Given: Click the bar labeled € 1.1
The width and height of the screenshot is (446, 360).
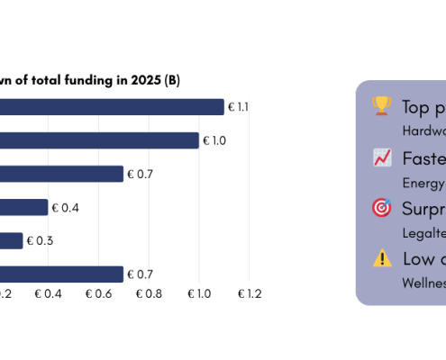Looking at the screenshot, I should point(112,107).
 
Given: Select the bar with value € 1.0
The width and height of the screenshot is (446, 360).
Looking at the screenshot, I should point(99,140).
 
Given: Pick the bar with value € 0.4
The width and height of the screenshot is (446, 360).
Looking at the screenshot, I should point(23,208).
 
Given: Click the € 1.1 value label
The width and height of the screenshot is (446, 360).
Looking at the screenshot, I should point(238,107).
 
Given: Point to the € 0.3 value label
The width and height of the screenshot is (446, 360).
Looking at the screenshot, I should point(39,241).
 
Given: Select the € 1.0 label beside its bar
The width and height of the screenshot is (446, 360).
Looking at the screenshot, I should point(214,140).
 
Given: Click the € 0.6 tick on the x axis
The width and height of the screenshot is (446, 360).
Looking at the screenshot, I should point(98,293).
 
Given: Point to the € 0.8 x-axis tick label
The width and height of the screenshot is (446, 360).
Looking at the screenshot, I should point(149,293).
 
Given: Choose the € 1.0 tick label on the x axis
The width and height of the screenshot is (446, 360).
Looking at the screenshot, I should point(199,293).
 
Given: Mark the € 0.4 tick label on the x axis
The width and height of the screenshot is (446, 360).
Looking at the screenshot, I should point(48,293).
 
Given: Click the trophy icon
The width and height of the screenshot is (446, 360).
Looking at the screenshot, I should point(381,106).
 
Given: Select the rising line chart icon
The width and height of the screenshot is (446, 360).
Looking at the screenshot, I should point(381,158).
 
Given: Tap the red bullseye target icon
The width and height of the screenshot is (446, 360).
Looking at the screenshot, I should point(381,208).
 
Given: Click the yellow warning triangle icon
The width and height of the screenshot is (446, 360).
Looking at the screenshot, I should point(381,258).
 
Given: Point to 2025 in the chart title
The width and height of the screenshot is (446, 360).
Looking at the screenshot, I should point(145,81).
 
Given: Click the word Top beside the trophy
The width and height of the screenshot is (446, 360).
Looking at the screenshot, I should point(417,107).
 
